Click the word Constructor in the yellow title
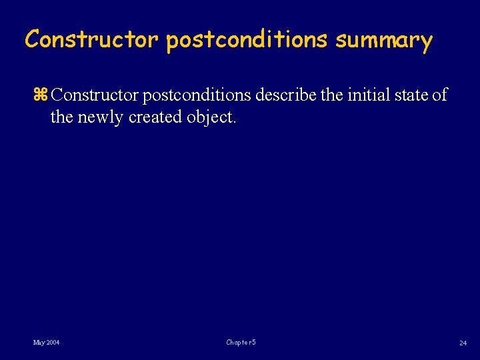[91, 40]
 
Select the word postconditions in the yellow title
[247, 40]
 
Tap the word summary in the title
[384, 40]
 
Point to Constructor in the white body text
[95, 95]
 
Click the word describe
[285, 95]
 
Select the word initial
[366, 95]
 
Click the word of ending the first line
[440, 95]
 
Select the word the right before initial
[331, 95]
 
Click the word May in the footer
[39, 343]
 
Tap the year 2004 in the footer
[53, 343]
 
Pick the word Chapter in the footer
[237, 343]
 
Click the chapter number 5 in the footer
[254, 343]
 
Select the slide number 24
[463, 343]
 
